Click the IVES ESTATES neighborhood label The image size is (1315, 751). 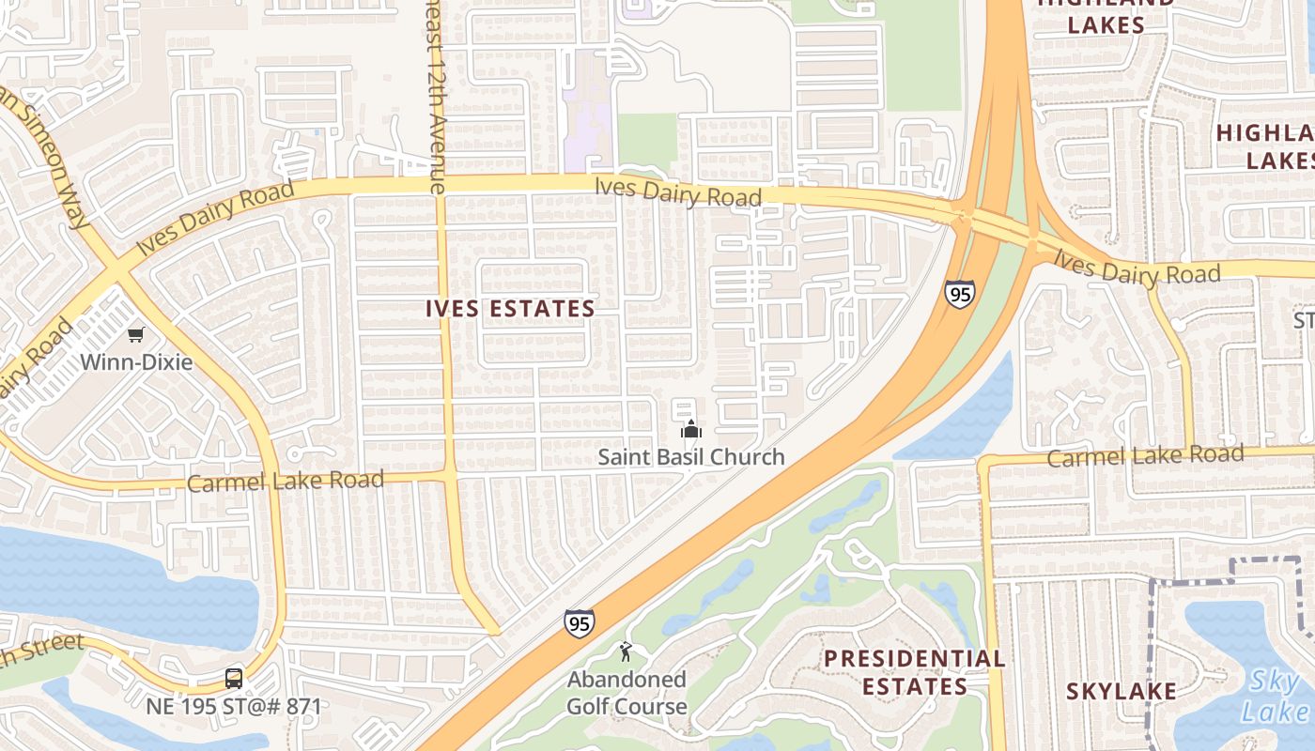pos(510,308)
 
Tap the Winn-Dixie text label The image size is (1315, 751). pos(136,361)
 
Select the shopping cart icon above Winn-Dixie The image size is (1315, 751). pos(137,334)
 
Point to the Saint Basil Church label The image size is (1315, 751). pos(691,457)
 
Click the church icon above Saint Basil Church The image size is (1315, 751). pos(691,430)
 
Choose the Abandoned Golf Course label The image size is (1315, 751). pos(627,692)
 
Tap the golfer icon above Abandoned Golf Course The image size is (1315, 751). pos(626,651)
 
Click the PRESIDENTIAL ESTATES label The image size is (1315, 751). pos(914,672)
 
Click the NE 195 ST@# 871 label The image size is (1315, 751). pos(233,706)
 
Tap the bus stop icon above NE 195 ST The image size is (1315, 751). pos(233,678)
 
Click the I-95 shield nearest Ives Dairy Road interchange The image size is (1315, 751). pos(959,294)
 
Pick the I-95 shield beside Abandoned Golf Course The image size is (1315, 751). pos(579,621)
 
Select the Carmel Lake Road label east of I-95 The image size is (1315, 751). pos(1144,456)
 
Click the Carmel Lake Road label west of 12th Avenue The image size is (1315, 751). pos(286,482)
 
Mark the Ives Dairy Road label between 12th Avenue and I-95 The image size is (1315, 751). pos(677,192)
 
